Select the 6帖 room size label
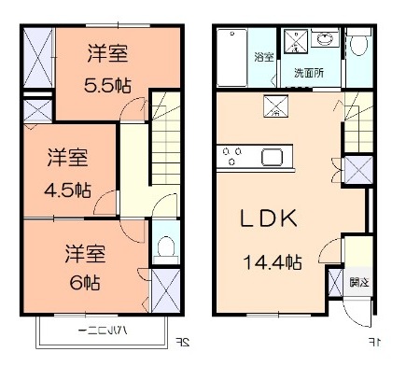[x=83, y=281]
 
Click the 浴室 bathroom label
[x=263, y=57]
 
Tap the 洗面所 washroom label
[x=303, y=72]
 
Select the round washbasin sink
[x=326, y=40]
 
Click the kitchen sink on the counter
[x=275, y=157]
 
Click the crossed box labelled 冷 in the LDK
[x=275, y=106]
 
